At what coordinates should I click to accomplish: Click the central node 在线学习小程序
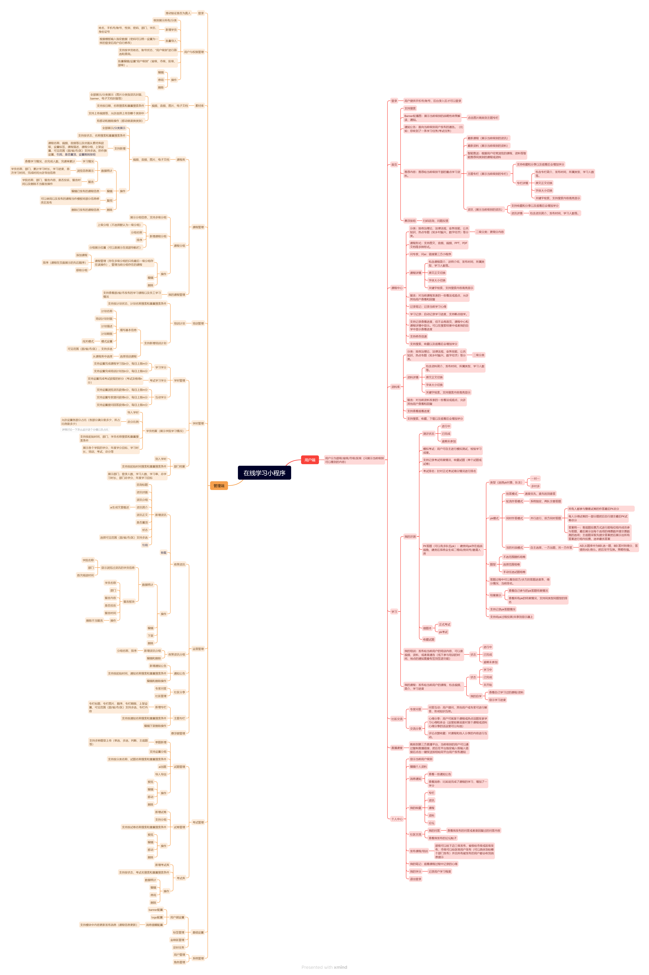point(264,473)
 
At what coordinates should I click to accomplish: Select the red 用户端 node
point(310,460)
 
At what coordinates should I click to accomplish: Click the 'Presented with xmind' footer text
point(324,967)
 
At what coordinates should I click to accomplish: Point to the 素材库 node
point(199,106)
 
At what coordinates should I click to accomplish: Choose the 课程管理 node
point(198,227)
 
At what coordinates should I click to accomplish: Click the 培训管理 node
point(198,323)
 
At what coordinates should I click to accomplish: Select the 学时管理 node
point(198,423)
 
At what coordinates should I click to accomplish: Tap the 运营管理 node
point(198,649)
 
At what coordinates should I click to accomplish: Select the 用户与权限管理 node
point(194,52)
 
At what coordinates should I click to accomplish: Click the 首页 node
point(394,164)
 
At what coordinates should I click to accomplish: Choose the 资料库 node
point(395,387)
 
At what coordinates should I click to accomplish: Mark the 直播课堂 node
point(397,748)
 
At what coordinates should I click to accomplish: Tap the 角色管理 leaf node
point(179,962)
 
